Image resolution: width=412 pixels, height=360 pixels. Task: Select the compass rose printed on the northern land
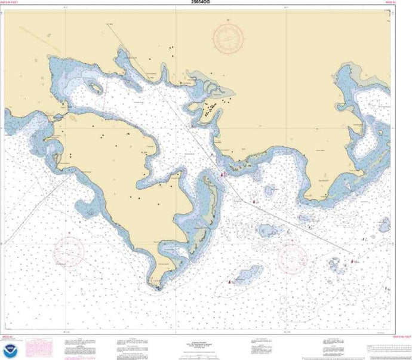coord(228,39)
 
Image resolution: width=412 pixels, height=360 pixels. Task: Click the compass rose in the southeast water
coord(292,256)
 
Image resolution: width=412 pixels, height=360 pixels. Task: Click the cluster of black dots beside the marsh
coord(210,109)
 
